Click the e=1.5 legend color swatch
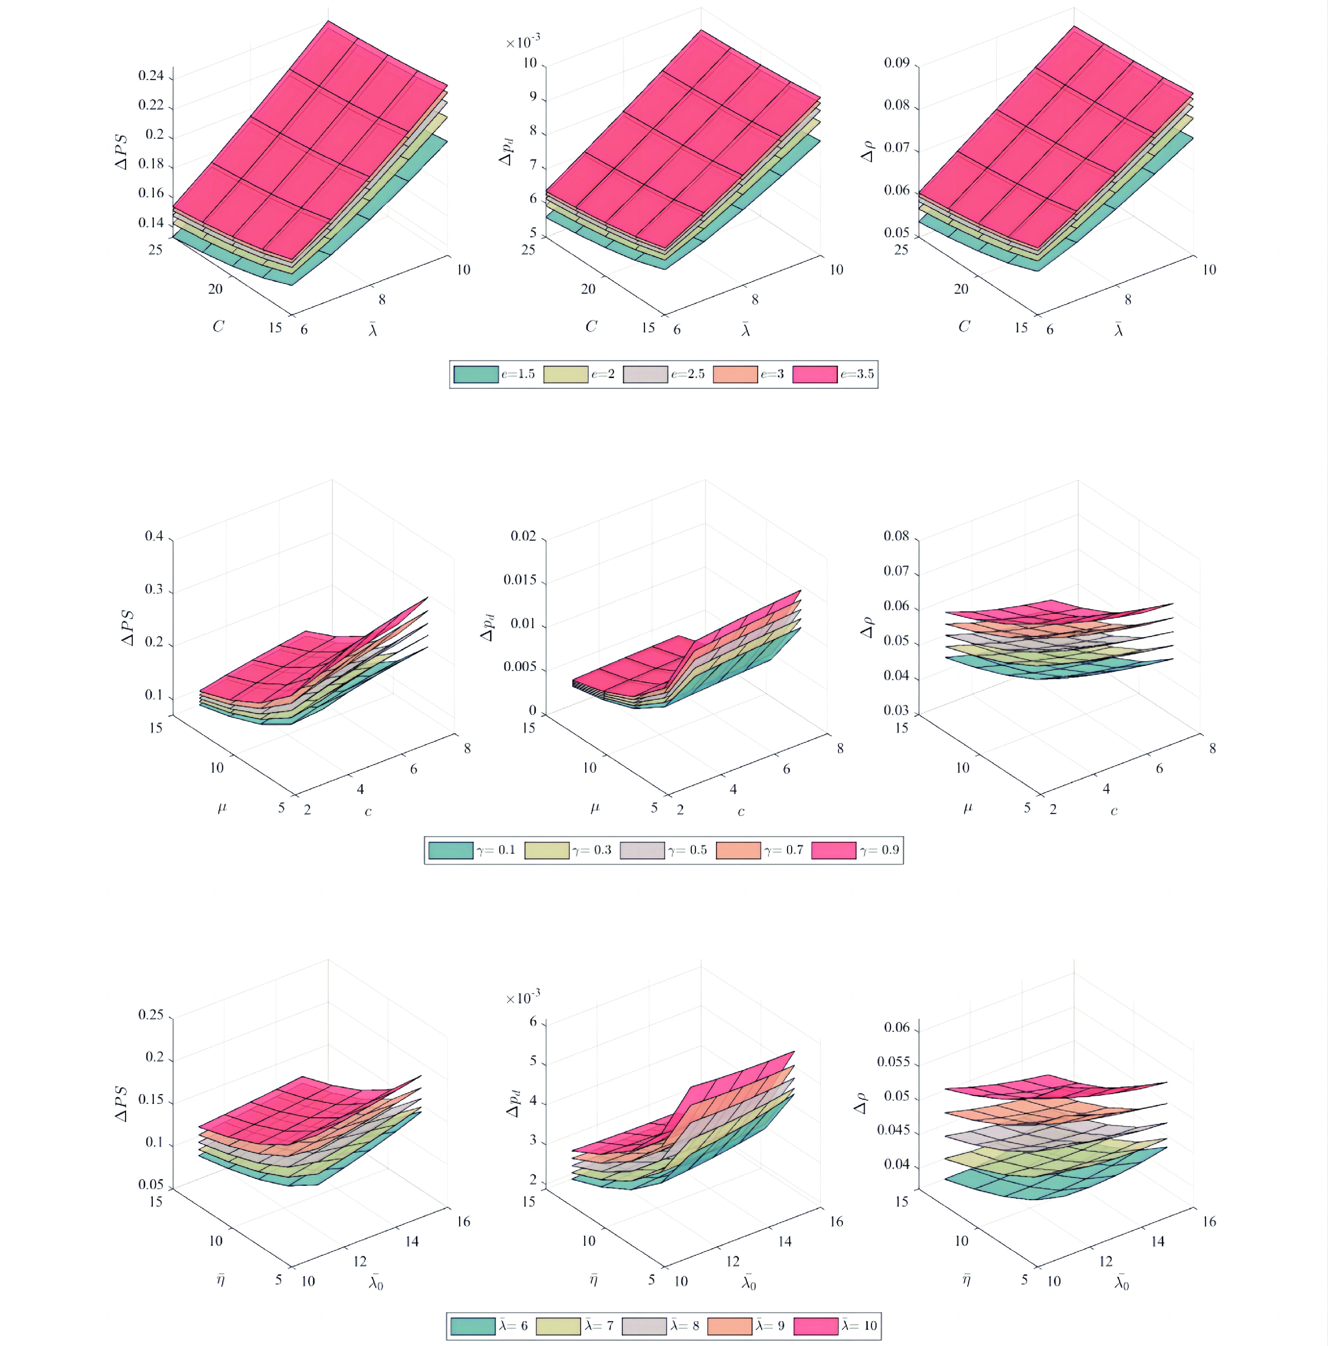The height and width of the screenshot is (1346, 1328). pos(476,374)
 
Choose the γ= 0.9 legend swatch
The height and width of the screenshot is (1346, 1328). pos(833,850)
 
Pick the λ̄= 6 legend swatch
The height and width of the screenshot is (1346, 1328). pos(473,1325)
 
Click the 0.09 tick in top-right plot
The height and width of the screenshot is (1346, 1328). pos(897,63)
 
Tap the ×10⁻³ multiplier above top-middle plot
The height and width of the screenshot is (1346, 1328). pos(522,43)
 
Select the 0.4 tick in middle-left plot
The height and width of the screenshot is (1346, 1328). pos(154,537)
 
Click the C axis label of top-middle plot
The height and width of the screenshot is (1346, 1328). pos(591,326)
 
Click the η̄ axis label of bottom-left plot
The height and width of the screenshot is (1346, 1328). pos(220,1279)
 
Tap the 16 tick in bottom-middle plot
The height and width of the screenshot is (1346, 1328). pos(836,1221)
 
